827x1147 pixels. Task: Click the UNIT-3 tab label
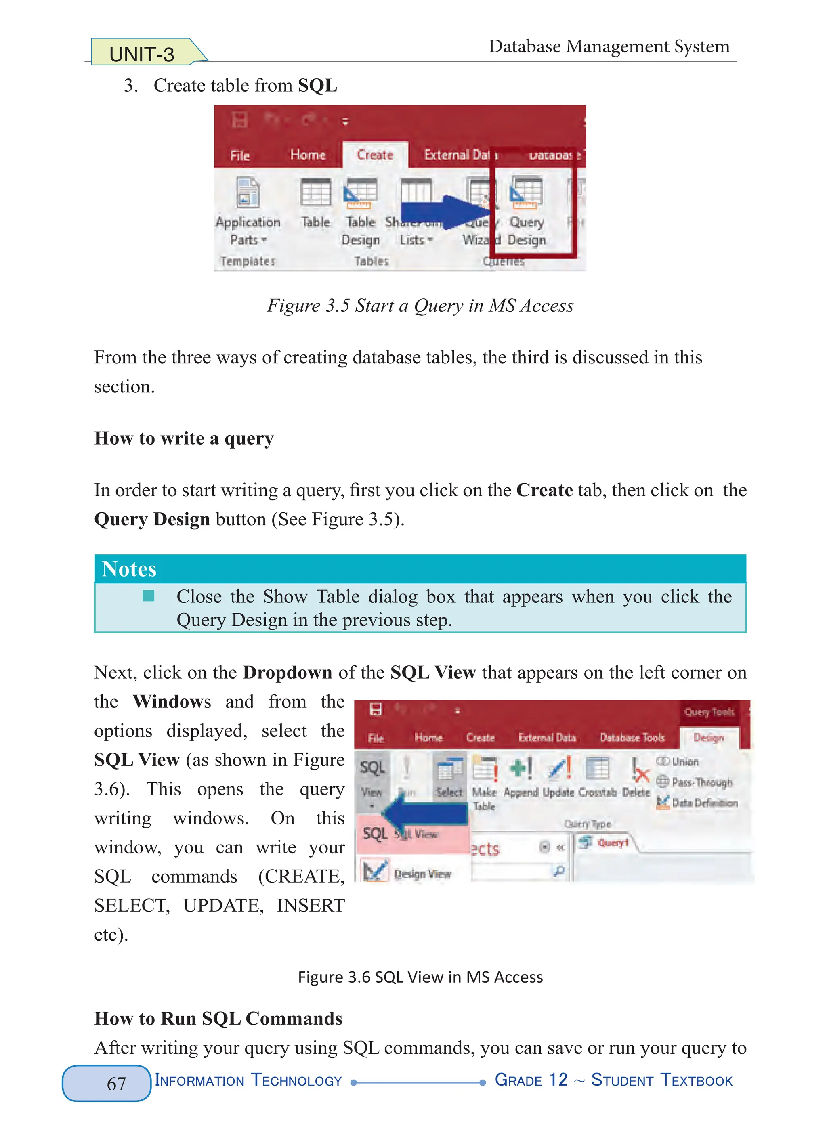(x=142, y=54)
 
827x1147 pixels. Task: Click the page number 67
(x=116, y=1083)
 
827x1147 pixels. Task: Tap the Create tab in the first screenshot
(x=375, y=155)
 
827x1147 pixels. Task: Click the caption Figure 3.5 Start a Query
(x=420, y=306)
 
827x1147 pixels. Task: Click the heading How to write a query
(x=184, y=438)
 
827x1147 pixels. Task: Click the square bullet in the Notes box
(x=148, y=596)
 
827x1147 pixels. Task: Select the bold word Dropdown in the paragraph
(x=287, y=672)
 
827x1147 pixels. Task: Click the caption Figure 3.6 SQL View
(x=420, y=977)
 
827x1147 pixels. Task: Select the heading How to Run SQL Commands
(x=218, y=1019)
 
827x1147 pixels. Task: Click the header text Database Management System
(x=609, y=46)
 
